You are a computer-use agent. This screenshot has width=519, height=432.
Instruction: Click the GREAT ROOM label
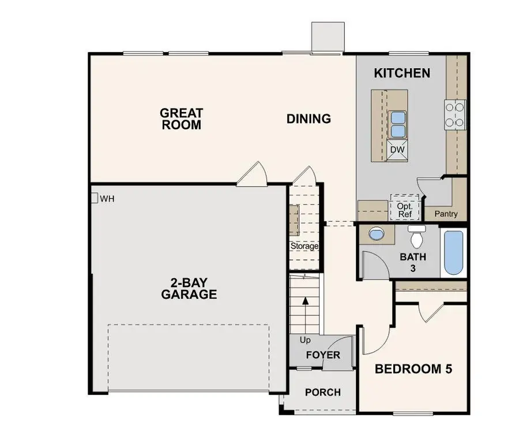point(181,118)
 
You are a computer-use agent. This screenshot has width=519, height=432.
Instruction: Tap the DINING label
point(309,119)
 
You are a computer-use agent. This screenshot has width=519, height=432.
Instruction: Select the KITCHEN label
point(402,73)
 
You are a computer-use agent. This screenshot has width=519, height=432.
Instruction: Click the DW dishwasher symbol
point(397,149)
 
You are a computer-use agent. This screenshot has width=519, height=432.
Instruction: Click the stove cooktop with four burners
point(455,114)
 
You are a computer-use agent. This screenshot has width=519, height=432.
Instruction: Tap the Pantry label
point(446,214)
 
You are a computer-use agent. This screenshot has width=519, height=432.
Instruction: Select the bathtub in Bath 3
point(454,253)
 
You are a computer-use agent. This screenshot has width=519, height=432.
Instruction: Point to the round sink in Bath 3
point(376,234)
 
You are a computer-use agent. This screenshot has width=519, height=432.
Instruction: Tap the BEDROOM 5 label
point(413,369)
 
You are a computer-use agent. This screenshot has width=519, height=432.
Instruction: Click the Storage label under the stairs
point(304,246)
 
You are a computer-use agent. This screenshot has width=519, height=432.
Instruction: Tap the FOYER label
point(322,355)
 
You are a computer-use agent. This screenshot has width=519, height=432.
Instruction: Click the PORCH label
point(322,392)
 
